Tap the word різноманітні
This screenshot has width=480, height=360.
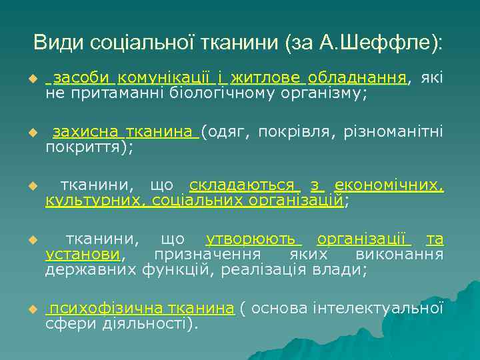tap(393, 132)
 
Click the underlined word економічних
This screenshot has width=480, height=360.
tap(389, 185)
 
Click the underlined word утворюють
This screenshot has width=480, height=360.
tap(254, 239)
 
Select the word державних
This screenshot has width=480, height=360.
tap(91, 269)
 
